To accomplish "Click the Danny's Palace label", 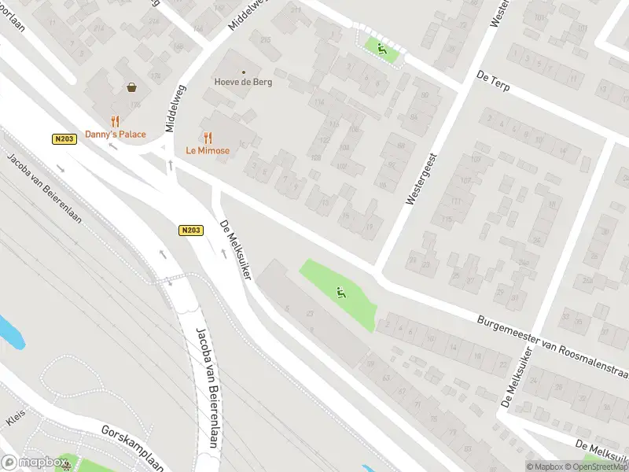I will click(116, 135).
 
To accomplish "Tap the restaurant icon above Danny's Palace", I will click(116, 121).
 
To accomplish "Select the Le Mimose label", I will click(208, 150).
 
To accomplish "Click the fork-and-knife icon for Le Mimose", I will click(208, 137).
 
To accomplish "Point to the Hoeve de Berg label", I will click(243, 82).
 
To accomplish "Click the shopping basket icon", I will click(131, 87).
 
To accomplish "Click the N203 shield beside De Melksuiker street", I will click(190, 230).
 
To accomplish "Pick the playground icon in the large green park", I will click(341, 293).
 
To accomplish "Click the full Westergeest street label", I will click(421, 180).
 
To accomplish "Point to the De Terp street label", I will click(493, 79).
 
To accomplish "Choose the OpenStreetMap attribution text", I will click(596, 466).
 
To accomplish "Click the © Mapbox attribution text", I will click(544, 466).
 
